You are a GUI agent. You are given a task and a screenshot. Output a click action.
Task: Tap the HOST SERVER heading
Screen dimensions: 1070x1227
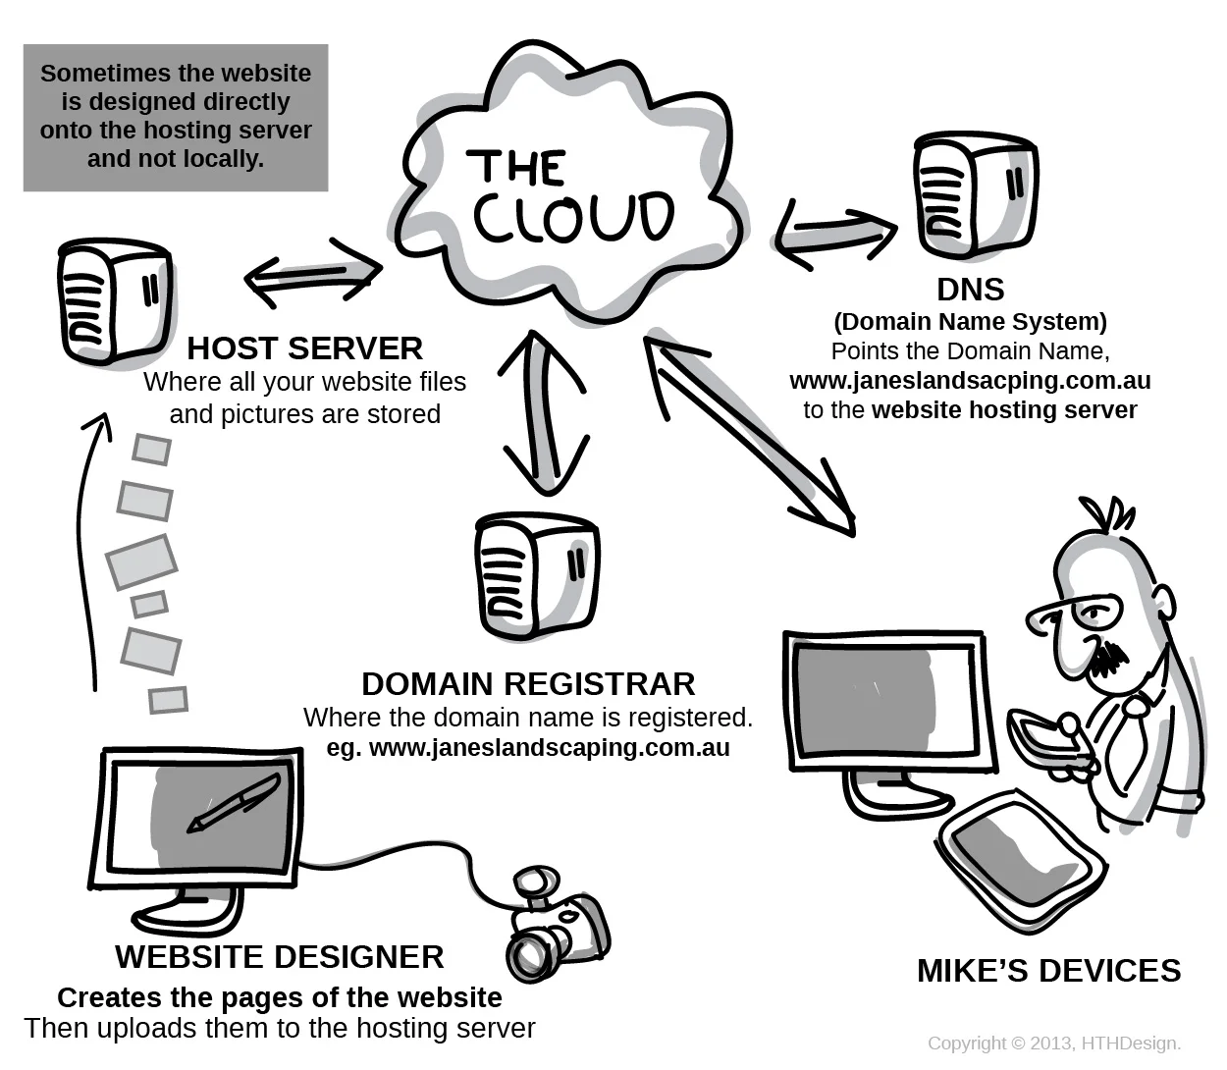[304, 348]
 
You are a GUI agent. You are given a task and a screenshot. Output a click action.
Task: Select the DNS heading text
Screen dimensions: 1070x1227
[970, 290]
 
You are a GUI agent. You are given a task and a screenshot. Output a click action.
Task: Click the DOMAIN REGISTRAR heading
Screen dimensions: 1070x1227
[528, 683]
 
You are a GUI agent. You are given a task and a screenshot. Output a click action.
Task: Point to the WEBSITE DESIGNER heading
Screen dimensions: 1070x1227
[280, 956]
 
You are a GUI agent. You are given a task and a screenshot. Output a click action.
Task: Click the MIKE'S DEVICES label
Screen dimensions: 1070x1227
[1048, 970]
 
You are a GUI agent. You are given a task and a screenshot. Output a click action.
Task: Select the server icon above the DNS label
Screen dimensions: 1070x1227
[974, 196]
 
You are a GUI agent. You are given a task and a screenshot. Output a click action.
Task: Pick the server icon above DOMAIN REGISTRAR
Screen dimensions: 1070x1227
[536, 575]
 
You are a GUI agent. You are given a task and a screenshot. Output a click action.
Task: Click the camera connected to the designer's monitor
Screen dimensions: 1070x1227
[556, 923]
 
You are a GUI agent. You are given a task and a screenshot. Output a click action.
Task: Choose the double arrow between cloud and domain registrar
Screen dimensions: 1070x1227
[543, 412]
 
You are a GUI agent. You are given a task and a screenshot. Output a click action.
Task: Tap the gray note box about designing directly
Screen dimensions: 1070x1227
[176, 117]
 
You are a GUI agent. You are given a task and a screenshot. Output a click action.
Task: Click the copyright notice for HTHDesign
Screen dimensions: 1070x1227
[1053, 1043]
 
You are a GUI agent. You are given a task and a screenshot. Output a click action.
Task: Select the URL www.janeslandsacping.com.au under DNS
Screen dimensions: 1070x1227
[970, 381]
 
